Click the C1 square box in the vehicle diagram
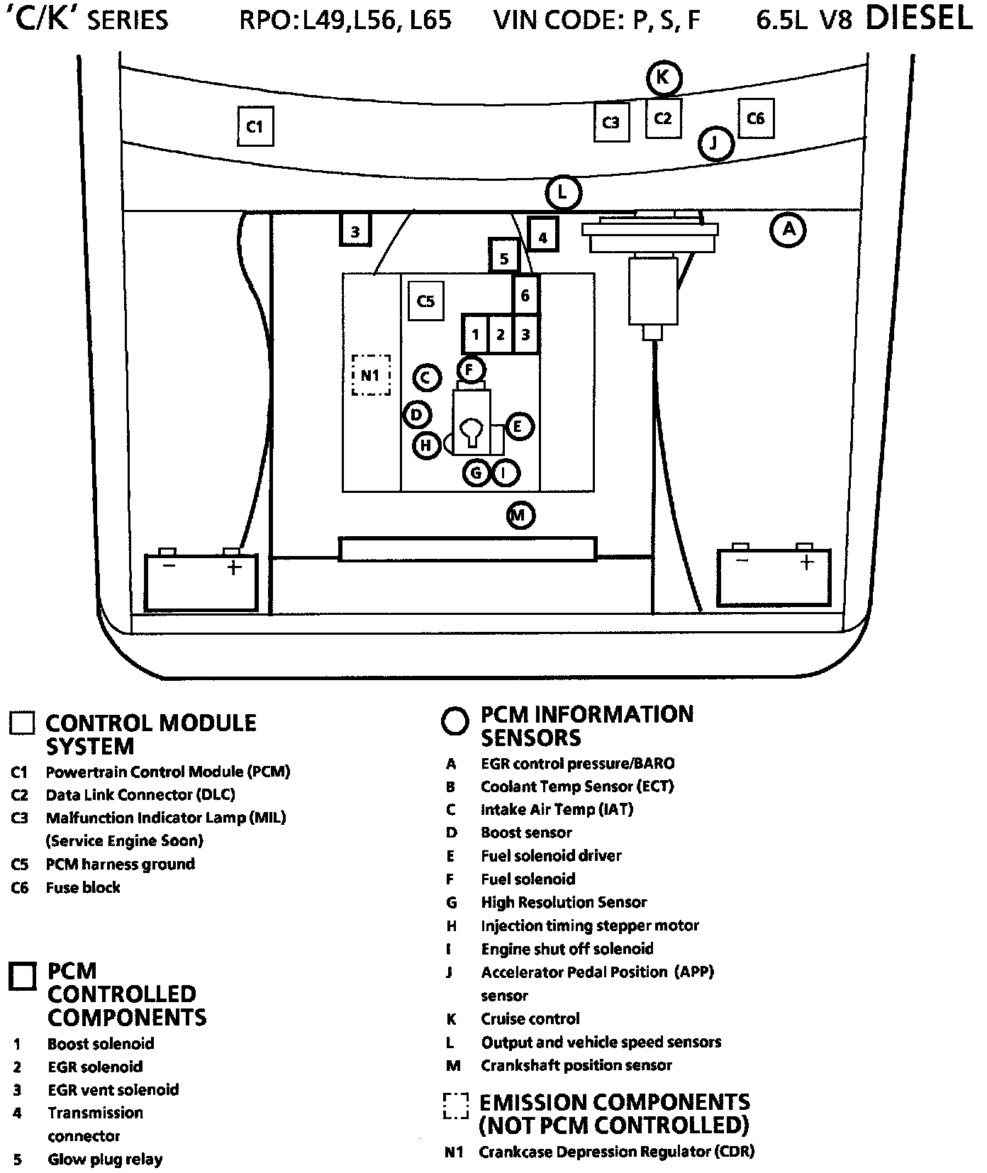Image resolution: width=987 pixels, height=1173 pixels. click(x=255, y=126)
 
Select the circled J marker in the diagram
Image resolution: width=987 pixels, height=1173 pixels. click(x=715, y=144)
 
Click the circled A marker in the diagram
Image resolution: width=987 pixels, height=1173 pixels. click(x=788, y=229)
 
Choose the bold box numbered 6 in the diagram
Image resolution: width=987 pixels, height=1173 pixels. click(x=525, y=295)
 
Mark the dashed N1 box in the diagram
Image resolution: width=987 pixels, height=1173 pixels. click(x=371, y=375)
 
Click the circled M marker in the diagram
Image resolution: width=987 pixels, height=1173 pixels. click(x=520, y=515)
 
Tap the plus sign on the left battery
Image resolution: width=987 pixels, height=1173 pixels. click(x=233, y=567)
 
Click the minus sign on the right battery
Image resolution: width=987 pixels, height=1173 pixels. click(x=742, y=562)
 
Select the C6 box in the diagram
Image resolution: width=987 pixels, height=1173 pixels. click(x=756, y=118)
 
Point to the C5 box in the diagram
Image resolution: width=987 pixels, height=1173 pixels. click(x=425, y=301)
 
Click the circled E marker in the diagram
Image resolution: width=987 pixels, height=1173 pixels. click(x=518, y=426)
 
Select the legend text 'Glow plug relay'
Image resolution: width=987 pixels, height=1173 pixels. click(x=105, y=1160)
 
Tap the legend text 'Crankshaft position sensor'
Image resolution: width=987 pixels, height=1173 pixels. click(x=576, y=1065)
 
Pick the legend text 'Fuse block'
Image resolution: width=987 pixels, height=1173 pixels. click(x=83, y=887)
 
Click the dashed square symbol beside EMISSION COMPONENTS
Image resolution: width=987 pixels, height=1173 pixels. click(x=456, y=1106)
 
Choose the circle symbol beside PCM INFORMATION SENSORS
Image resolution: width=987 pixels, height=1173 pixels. click(x=455, y=721)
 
